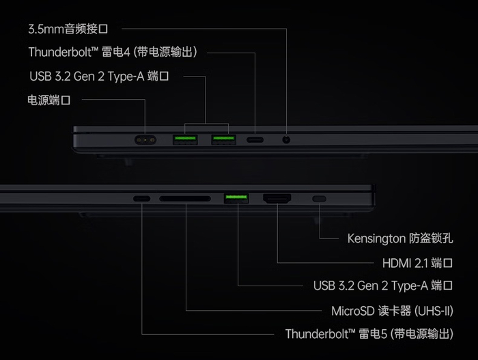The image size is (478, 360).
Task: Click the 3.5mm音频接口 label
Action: coord(68,29)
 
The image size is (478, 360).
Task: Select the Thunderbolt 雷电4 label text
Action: coord(113,52)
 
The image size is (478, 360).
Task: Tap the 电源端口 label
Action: coord(48,100)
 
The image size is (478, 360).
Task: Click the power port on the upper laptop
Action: coord(145,140)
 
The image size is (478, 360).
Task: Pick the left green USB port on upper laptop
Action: coord(185,140)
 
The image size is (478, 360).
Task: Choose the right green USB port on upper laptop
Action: coord(224,140)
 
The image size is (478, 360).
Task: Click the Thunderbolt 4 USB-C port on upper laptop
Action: coord(255,140)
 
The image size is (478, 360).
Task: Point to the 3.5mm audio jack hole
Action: coord(286,140)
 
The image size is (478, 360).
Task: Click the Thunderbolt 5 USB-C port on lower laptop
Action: coord(142,199)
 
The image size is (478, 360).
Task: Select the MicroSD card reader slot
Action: coord(185,199)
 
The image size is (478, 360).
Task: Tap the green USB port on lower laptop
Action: coord(236,198)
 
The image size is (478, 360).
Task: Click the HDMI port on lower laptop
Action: coord(277,199)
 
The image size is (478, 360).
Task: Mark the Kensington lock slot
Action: coord(319,199)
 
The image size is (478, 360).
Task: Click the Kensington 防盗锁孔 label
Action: coord(400,238)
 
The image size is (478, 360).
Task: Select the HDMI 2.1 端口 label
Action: coord(418,263)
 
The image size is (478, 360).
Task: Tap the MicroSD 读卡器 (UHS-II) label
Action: coord(393,311)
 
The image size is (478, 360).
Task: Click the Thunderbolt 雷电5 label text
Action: coord(369,334)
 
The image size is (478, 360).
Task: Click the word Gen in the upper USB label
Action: coord(84,77)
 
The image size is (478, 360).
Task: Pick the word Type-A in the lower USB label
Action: coord(410,286)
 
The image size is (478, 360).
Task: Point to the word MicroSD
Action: coord(353,311)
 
